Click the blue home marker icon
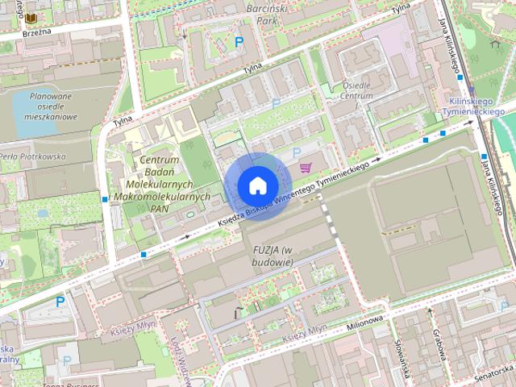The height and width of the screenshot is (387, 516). [x=257, y=185]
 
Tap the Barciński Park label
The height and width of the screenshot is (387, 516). [x=265, y=14]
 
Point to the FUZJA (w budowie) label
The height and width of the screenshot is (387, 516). [x=271, y=255]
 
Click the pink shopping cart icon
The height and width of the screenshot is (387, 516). [x=305, y=168]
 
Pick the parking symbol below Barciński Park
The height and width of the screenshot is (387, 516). [x=239, y=41]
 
